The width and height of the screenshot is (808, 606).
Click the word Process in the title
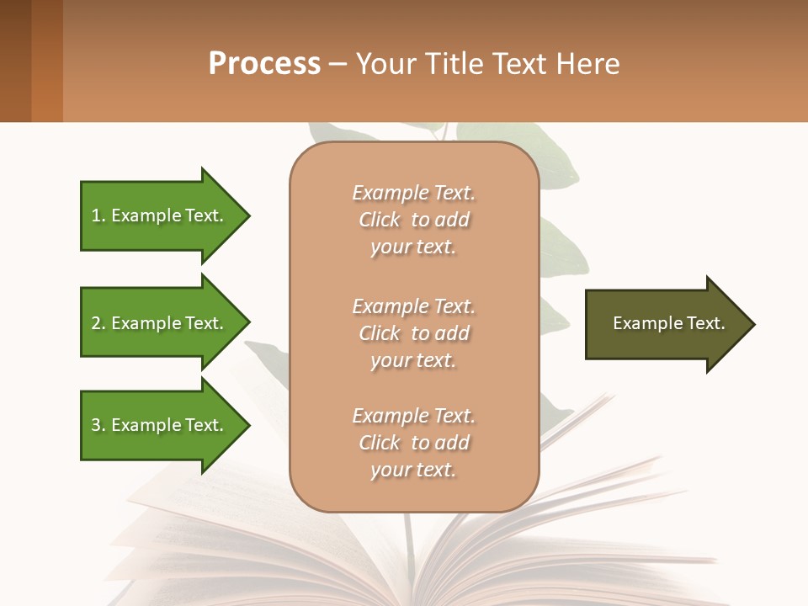pos(264,64)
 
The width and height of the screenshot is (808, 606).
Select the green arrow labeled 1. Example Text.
pos(160,215)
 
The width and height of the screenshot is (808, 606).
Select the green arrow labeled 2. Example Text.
pos(160,323)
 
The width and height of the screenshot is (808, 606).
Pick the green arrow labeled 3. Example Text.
pos(160,425)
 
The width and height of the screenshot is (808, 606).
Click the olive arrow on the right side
pos(665,324)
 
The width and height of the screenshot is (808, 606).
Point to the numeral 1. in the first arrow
pos(98,215)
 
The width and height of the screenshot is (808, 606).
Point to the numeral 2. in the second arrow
pos(98,323)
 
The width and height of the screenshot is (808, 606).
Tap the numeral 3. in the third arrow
pos(98,425)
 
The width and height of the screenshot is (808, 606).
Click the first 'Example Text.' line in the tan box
pos(413,193)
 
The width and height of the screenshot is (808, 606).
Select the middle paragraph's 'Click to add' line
pos(413,333)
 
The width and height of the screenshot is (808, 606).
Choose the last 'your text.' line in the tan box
pos(413,470)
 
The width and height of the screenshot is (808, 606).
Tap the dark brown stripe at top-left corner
pos(15,61)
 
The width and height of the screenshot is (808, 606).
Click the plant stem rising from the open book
pos(410,539)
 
